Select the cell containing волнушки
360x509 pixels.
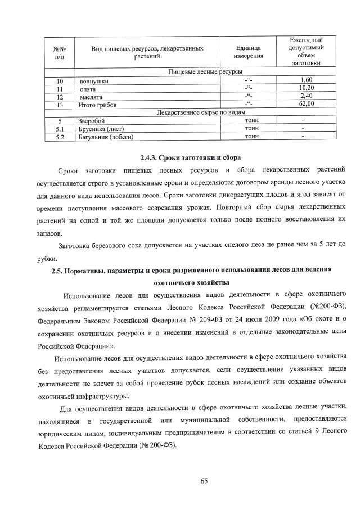(x=94, y=82)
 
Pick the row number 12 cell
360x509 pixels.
(x=59, y=97)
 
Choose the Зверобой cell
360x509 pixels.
(x=92, y=120)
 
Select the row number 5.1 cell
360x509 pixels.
(x=59, y=128)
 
